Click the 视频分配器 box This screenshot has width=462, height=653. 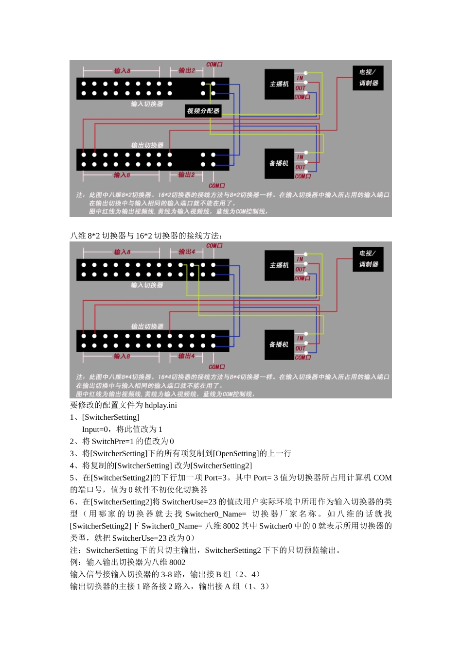tap(203, 111)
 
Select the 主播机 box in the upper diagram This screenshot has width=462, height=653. tap(279, 84)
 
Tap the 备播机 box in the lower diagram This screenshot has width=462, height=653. tap(279, 344)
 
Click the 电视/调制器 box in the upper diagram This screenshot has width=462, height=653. tap(368, 78)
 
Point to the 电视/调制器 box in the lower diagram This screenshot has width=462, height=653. tap(368, 259)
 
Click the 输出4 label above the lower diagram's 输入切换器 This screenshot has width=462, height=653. tap(187, 252)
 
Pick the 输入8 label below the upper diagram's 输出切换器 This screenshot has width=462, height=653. tap(122, 175)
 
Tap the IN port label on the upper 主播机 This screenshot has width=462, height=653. tap(300, 78)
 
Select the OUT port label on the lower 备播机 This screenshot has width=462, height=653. tap(301, 348)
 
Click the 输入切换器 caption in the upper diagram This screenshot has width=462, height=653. tap(147, 104)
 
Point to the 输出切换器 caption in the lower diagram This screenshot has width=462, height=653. tap(147, 326)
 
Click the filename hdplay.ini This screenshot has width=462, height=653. tap(161, 405)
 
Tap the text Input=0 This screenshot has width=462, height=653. tap(95, 430)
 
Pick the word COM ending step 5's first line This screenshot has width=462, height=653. tap(382, 478)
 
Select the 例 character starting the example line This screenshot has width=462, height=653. tap(74, 562)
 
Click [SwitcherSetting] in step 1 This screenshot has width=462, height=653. tap(111, 417)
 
